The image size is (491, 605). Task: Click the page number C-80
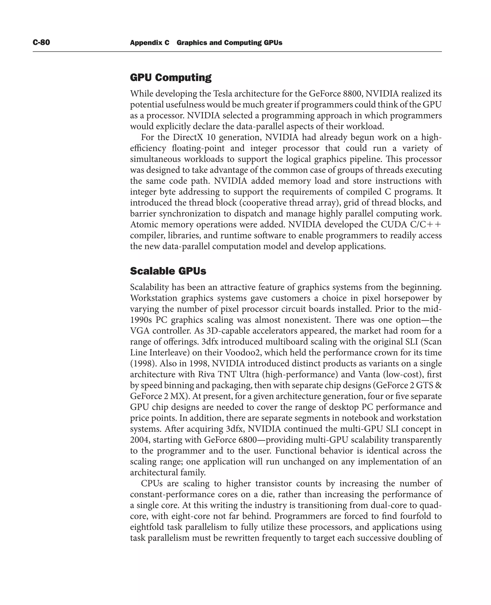[41, 42]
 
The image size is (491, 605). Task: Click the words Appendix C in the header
[150, 43]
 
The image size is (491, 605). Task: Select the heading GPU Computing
[170, 77]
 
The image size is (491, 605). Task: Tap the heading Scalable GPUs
[168, 271]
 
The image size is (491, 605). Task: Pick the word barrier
[143, 214]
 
